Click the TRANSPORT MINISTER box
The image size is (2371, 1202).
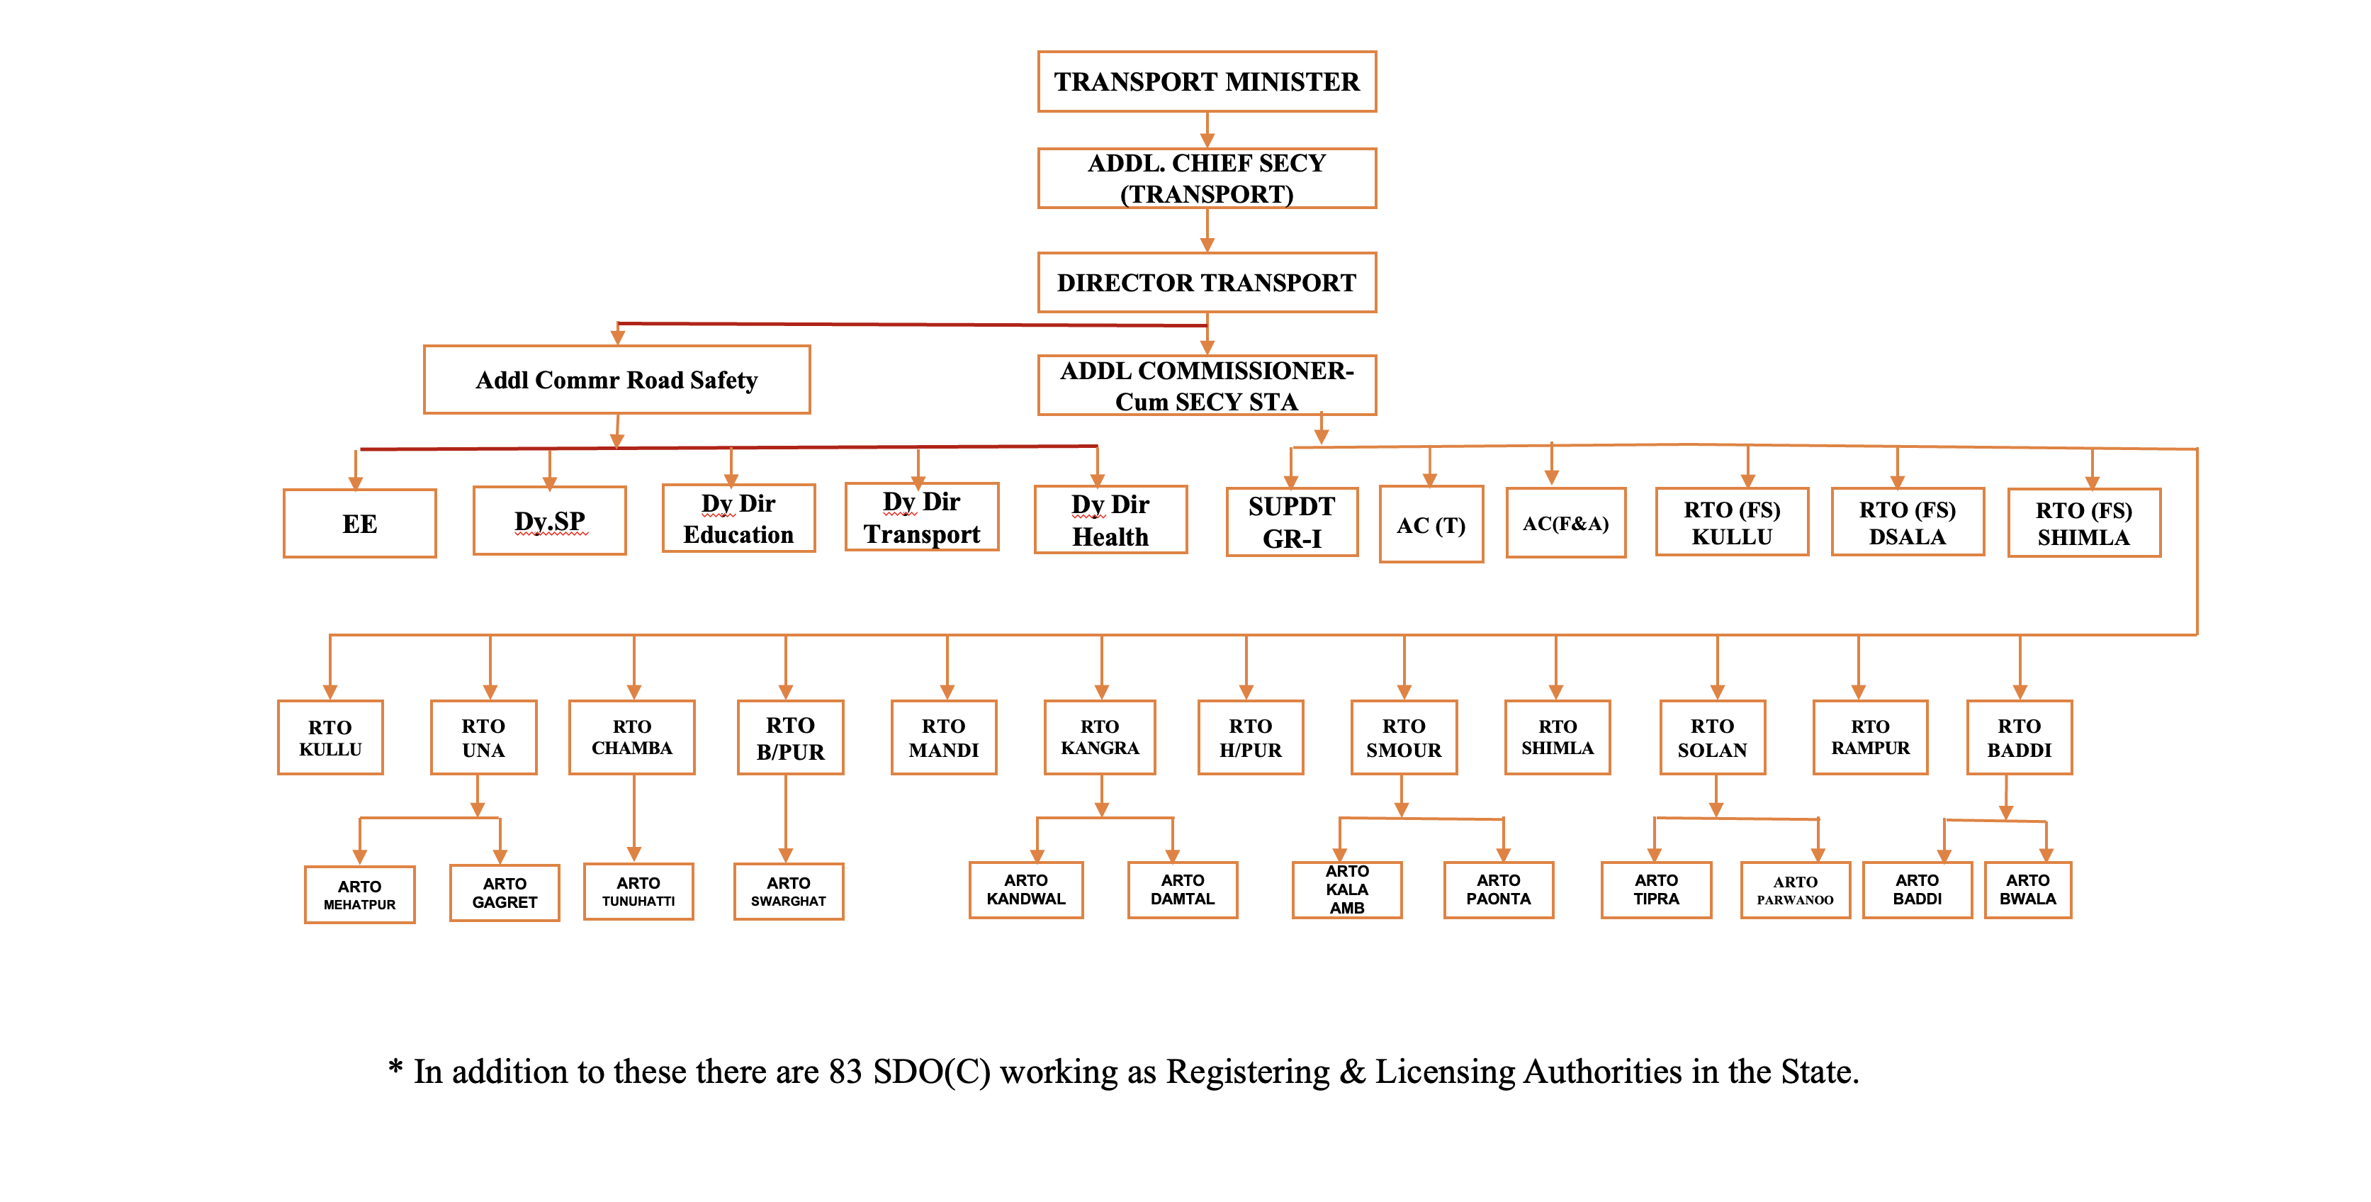coord(1207,82)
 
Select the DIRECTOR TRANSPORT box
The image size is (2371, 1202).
coord(1207,283)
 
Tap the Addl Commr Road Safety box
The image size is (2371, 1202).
coord(616,380)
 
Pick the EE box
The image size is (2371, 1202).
coord(360,524)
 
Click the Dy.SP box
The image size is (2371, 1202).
coord(549,521)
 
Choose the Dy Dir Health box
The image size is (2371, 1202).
coord(1111,520)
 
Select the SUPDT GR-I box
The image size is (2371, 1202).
coord(1292,522)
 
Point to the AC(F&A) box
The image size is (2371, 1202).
coord(1565,523)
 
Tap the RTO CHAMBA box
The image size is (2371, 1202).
coord(632,737)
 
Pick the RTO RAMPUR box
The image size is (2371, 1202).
coord(1870,737)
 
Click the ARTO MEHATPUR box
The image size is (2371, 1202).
coord(360,894)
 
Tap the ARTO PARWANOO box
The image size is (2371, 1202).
coord(1796,890)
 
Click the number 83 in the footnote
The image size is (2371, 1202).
coord(845,1072)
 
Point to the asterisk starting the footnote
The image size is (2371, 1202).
coord(396,1067)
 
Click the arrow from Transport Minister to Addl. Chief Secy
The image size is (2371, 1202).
coord(1207,130)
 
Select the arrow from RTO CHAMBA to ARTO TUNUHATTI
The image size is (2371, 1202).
coord(634,818)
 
